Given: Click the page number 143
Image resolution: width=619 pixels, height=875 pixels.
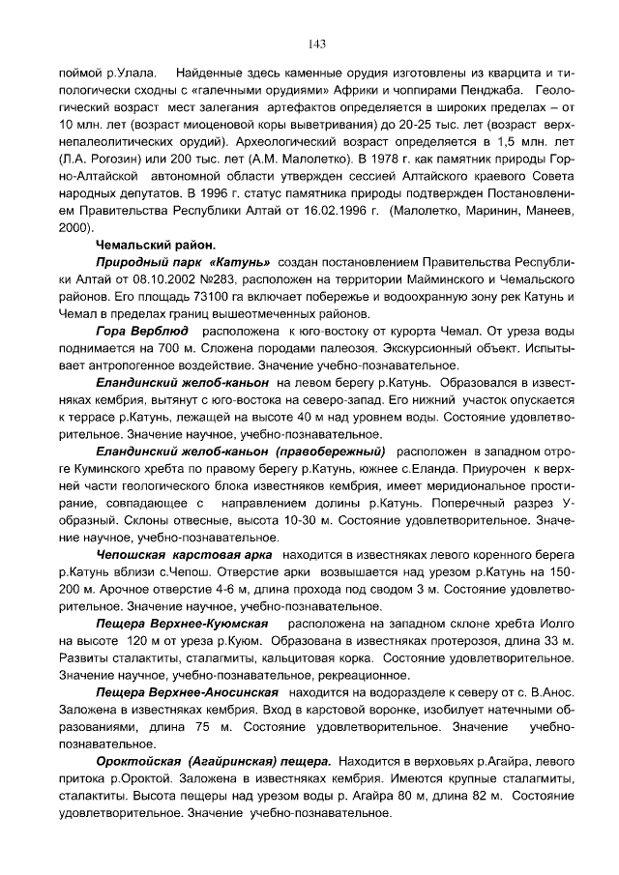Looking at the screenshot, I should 315,44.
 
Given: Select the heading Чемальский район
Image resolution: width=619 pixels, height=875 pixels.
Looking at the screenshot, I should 155,246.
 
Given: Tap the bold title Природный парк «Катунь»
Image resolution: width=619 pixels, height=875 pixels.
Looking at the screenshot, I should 183,263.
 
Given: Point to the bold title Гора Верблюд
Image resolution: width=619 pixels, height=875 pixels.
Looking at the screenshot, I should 142,332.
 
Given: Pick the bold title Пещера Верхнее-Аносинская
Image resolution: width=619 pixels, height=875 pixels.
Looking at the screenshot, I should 187,693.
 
